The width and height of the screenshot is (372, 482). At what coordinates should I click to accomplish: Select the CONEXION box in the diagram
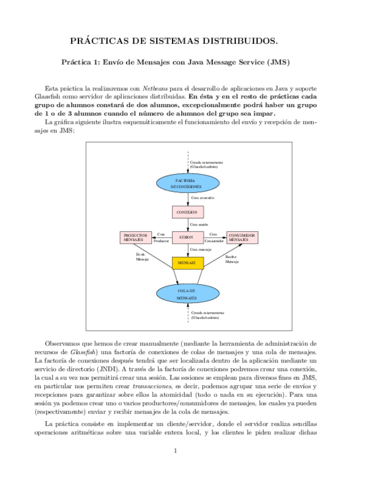coord(187,212)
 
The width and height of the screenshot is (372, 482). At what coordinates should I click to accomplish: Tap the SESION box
coord(187,237)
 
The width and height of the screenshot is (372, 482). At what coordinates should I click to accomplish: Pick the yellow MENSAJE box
coord(187,263)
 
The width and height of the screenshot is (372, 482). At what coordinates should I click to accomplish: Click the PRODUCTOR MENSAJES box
coord(135,237)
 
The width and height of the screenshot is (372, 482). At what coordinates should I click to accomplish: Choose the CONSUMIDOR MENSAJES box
coord(242,237)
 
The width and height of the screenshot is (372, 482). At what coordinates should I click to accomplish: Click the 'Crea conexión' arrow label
coord(202,198)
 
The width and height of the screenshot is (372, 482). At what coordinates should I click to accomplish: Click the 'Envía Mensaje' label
coord(142,256)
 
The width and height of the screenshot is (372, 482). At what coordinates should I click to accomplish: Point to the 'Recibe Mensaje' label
coord(232,259)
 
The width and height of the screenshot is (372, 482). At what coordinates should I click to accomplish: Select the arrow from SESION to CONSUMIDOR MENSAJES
coord(214,238)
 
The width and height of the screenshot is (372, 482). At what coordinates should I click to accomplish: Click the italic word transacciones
coord(140,385)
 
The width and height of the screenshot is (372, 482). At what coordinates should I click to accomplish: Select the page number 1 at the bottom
coord(175,451)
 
